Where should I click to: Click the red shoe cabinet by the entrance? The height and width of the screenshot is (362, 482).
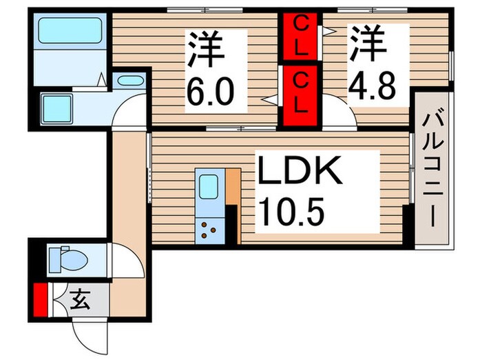click(x=41, y=300)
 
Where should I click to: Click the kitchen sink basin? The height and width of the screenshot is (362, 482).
click(x=207, y=187)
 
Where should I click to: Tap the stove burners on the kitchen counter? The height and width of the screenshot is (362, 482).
click(x=208, y=229)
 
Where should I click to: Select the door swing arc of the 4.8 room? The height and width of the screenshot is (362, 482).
click(x=341, y=114)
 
